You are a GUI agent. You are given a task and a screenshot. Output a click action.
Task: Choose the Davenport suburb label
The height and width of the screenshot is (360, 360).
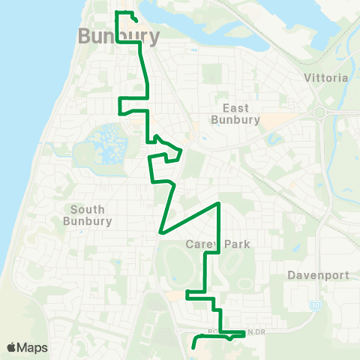pos(318,275)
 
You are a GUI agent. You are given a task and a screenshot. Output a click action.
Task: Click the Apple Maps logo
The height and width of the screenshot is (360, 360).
pos(27,347)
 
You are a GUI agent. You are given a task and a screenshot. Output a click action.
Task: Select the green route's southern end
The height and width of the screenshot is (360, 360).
pos(193,347)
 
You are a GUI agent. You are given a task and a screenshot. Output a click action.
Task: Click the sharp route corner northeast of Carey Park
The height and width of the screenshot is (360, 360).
pos(218,204)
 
